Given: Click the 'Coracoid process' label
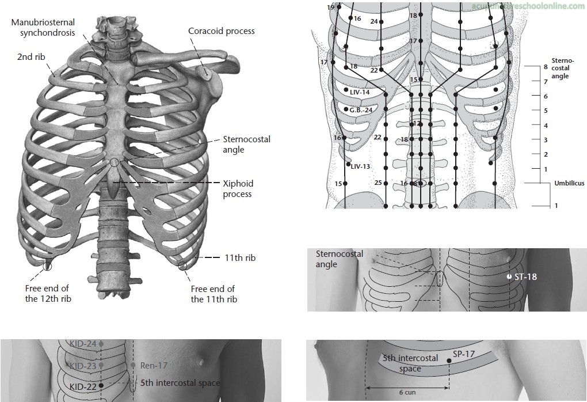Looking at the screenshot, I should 221,31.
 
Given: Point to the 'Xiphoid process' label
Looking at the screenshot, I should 238,189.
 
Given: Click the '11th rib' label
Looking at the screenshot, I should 241,259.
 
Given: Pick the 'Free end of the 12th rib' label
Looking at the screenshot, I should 47,294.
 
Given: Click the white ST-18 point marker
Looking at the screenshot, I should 509,277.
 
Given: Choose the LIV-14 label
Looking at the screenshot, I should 360,92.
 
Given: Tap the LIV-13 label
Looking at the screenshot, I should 360,166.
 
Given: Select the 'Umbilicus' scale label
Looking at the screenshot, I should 569,183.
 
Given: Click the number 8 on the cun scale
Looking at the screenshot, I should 545,67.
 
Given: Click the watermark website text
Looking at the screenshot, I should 527,6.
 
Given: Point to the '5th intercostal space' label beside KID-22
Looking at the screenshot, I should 180,382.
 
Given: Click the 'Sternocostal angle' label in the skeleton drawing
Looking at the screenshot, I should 246,145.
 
